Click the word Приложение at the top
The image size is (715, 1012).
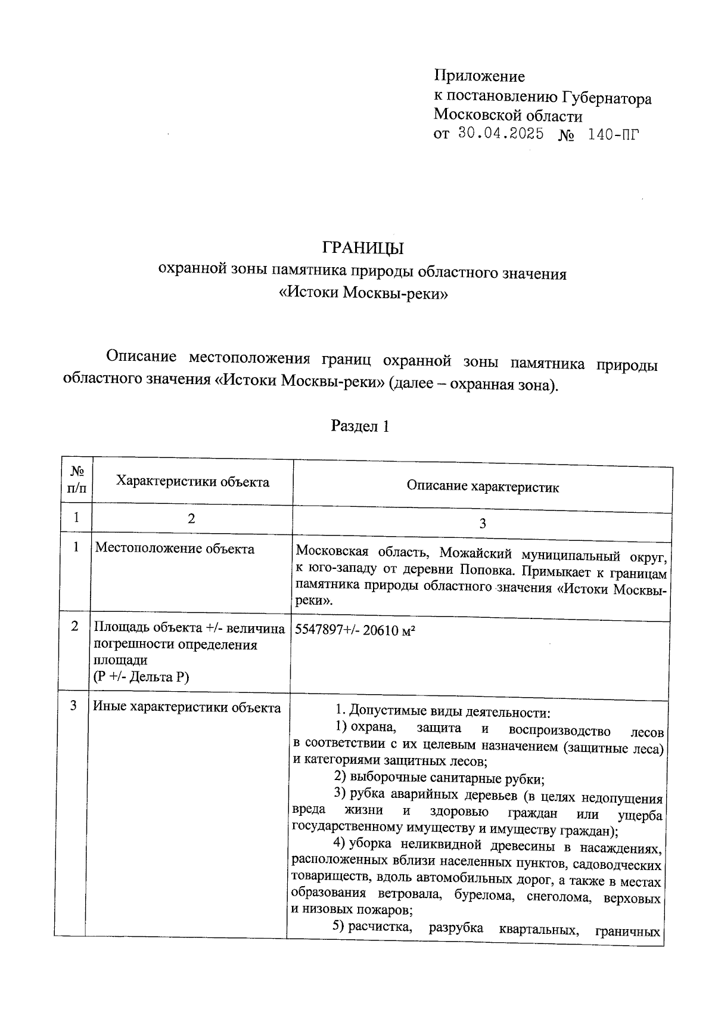pyautogui.click(x=479, y=76)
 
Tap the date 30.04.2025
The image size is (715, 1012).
pyautogui.click(x=501, y=134)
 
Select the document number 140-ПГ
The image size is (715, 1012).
pyautogui.click(x=613, y=134)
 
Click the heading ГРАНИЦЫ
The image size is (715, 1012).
pyautogui.click(x=363, y=247)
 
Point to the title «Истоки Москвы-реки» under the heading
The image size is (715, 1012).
pyautogui.click(x=363, y=293)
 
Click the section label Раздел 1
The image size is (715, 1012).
pyautogui.click(x=360, y=427)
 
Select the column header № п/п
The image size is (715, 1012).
pyautogui.click(x=77, y=480)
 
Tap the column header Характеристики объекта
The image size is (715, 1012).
pyautogui.click(x=192, y=482)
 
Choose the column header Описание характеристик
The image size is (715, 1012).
pyautogui.click(x=483, y=487)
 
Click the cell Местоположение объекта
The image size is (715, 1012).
pyautogui.click(x=175, y=549)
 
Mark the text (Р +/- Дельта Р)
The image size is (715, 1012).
pyautogui.click(x=141, y=677)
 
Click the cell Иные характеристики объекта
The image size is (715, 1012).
pyautogui.click(x=186, y=708)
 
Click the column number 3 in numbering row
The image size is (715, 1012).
pyautogui.click(x=483, y=524)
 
